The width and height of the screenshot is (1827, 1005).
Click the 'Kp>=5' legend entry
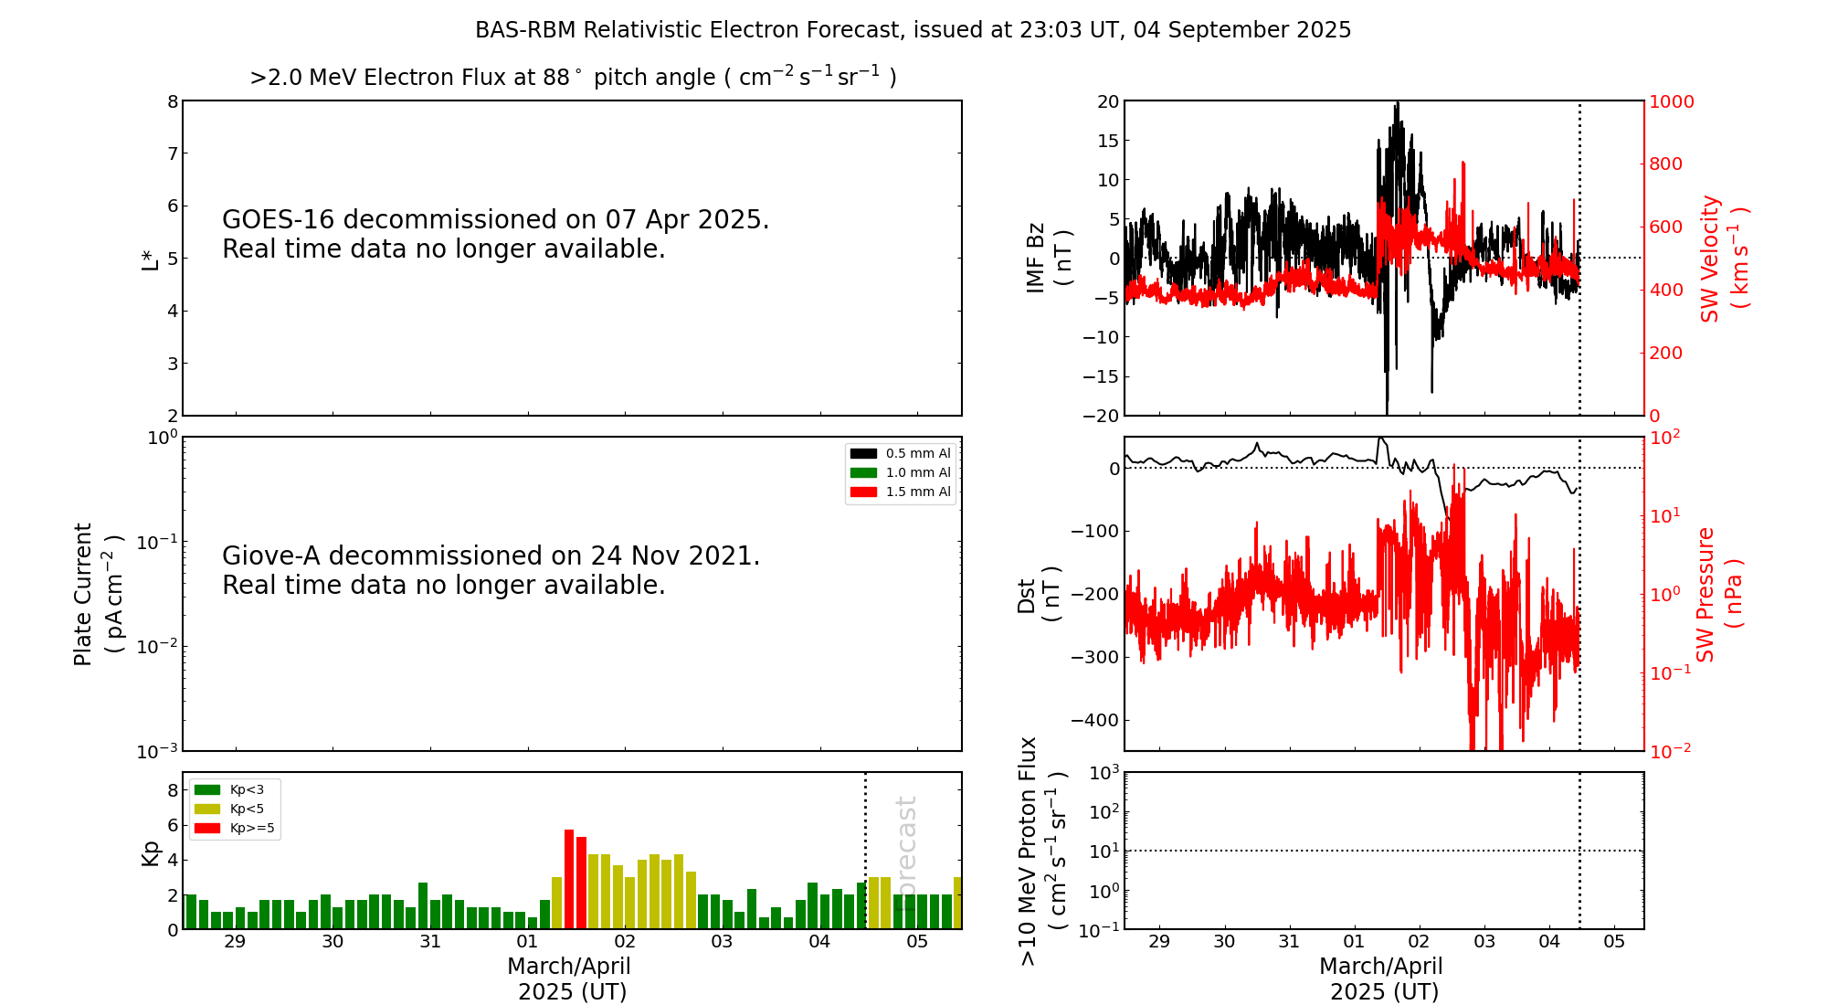tap(251, 829)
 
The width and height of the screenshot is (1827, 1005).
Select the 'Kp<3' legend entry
tap(247, 789)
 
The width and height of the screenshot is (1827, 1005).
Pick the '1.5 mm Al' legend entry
tap(917, 492)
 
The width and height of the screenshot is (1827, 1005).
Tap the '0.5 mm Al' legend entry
tap(917, 453)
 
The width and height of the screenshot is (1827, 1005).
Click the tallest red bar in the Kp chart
tap(569, 879)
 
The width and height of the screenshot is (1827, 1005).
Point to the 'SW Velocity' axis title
tap(1710, 259)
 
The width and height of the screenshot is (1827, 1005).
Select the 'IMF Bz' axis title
tap(1036, 258)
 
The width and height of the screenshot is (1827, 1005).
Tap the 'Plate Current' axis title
tap(83, 594)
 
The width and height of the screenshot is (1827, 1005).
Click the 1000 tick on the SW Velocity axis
tap(1671, 101)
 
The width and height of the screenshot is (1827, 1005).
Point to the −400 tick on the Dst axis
tap(1094, 720)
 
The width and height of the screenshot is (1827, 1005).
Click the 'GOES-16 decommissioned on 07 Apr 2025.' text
tap(495, 220)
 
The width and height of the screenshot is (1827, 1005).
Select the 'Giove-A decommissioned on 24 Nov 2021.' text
tap(491, 556)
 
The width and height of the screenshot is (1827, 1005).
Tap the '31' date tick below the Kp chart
tap(430, 942)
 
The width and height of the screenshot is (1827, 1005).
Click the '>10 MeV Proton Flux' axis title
tap(1029, 851)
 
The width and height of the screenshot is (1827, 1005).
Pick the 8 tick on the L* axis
tap(173, 101)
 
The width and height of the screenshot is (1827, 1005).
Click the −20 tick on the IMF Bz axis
tap(1100, 416)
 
